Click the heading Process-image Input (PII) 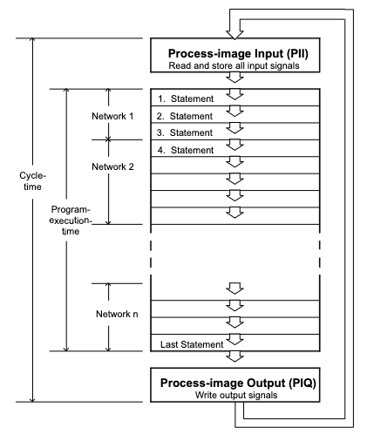pos(238,54)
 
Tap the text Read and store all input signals pos(234,65)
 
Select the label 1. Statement pos(186,98)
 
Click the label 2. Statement pos(185,116)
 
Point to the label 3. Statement pos(185,132)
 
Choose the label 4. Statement pos(186,150)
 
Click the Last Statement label pos(192,344)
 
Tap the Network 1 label pos(112,116)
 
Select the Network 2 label pos(112,166)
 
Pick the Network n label pos(117,314)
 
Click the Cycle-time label pos(32,181)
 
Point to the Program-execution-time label pos(70,220)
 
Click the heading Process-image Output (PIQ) pos(238,383)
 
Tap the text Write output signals pos(236,395)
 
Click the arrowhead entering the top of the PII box pos(234,35)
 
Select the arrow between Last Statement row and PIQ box pos(234,356)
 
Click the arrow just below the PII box pos(234,78)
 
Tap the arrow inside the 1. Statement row pos(234,94)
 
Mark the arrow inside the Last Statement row pos(234,339)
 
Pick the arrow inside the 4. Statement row pos(234,145)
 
